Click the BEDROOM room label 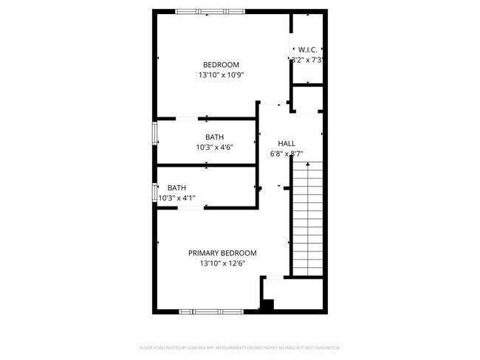[222, 64]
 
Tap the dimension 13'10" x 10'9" [222, 75]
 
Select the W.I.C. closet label [308, 49]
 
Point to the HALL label [287, 143]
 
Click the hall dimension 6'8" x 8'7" [287, 153]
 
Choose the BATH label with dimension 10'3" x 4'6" [215, 136]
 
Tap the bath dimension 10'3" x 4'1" [177, 198]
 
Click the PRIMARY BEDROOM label [222, 252]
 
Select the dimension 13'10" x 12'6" [222, 263]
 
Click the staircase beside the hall [306, 218]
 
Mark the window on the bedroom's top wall [212, 11]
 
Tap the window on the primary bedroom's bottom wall [211, 311]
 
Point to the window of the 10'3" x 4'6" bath [154, 134]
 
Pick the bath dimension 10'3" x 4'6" [215, 147]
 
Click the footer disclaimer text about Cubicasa [239, 347]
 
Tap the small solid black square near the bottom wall [268, 305]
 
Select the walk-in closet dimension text [308, 60]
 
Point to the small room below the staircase [295, 294]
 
